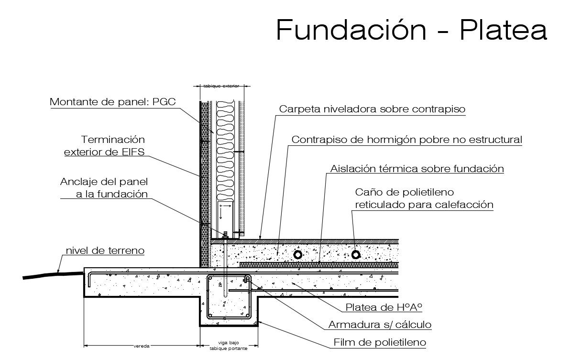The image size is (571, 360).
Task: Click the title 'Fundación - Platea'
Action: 411,30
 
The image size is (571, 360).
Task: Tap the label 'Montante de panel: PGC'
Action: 112,101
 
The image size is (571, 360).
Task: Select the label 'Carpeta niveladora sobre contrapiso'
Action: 372,109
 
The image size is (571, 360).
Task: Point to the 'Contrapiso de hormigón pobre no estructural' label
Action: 407,140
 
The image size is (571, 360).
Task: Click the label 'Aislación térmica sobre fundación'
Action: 417,169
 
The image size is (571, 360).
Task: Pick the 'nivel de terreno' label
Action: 105,251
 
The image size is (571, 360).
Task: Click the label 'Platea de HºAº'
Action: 384,307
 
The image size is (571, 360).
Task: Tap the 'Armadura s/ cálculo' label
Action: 380,325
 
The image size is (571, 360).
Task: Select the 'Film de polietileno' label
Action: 380,342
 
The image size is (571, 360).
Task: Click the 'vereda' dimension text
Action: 142,346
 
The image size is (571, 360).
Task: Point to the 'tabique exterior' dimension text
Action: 221,86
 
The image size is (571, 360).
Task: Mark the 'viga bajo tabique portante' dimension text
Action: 228,346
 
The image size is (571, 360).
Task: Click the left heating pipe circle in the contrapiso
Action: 298,255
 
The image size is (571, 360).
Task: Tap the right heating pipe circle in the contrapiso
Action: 356,254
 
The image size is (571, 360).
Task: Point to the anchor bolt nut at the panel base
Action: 225,235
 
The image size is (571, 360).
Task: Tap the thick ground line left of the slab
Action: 53,274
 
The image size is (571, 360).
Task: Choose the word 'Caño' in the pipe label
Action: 366,192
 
